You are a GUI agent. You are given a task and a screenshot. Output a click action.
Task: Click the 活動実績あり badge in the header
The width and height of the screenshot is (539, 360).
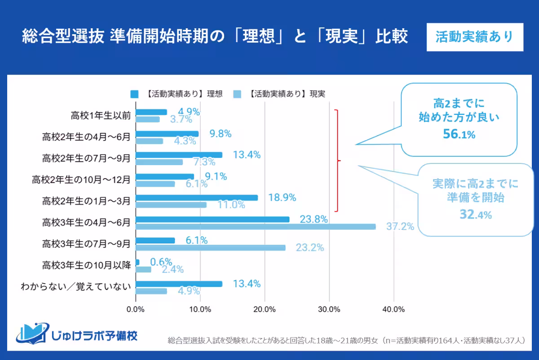(474, 37)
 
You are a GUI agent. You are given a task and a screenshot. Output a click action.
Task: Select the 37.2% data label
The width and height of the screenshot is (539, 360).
(400, 226)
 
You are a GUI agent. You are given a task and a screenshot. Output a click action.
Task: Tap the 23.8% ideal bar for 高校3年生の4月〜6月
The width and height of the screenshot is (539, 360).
(212, 220)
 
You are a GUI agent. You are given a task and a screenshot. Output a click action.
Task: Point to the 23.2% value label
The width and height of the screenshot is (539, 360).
(309, 247)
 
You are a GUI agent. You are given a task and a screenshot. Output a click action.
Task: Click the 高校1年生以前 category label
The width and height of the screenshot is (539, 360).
(101, 115)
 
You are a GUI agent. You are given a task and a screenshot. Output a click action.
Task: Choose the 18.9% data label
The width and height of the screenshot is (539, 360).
(282, 198)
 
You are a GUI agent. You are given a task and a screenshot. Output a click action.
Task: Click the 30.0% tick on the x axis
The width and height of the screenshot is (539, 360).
(329, 309)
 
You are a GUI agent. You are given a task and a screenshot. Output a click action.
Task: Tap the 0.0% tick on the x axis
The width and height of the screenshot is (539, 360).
(136, 309)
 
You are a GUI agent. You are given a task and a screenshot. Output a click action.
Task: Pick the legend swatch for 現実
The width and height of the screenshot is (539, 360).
(238, 94)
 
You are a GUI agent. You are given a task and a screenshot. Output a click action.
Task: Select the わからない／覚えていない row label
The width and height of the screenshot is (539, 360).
(75, 287)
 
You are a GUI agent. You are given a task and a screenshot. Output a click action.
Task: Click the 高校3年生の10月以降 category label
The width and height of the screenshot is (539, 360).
(86, 266)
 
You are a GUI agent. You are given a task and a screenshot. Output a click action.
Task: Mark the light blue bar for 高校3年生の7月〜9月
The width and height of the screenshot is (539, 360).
(210, 248)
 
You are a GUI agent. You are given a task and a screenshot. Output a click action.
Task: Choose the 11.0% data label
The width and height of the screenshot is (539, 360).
(231, 205)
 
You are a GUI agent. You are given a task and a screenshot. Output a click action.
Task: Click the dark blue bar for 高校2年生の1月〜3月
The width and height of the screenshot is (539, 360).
(196, 198)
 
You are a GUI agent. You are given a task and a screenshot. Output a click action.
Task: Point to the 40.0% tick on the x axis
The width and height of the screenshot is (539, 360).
(394, 309)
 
